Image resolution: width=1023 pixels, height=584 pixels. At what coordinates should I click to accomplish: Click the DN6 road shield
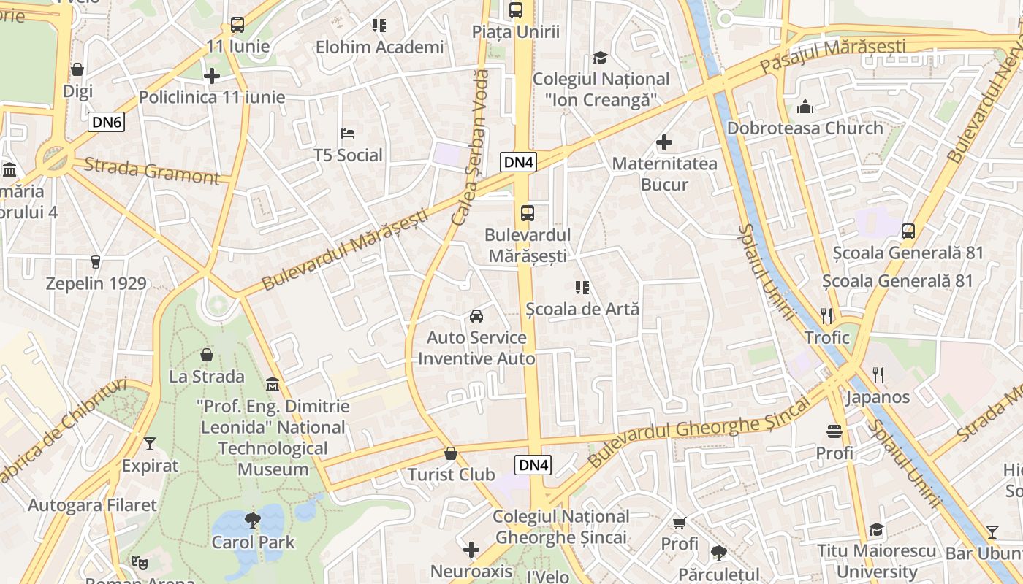pos(107,122)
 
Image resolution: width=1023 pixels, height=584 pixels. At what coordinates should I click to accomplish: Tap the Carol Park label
pos(253,542)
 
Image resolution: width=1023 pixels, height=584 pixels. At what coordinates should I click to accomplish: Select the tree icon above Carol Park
pos(253,520)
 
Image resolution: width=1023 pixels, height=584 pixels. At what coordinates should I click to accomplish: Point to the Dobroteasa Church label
pos(805,128)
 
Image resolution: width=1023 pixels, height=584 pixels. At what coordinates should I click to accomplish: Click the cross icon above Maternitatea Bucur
pos(664,142)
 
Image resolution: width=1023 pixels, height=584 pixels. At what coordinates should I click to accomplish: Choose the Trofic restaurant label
pos(826,337)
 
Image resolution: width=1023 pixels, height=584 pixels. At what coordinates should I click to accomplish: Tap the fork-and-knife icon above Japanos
pos(878,375)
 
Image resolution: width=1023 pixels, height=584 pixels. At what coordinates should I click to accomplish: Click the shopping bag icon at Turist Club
pos(451,453)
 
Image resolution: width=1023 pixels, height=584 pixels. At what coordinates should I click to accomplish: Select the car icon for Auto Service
pos(476,316)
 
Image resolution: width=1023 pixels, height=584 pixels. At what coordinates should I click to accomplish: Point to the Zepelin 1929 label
pos(96,283)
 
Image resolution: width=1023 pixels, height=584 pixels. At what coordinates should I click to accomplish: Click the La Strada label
pos(207,377)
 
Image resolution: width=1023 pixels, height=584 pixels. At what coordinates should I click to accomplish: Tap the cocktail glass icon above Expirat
pos(150,444)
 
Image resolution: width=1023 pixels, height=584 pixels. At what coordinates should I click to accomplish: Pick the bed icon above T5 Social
pos(348,134)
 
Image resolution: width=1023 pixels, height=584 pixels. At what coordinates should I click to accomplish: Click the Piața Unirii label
pos(516,31)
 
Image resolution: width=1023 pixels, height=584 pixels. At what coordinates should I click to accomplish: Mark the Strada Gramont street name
pos(151,171)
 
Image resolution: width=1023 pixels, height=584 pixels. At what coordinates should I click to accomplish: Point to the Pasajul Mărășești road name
pos(832,55)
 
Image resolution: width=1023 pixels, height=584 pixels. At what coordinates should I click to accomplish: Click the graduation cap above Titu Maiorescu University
pos(876,529)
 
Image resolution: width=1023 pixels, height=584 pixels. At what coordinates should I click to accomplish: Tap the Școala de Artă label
pos(582,309)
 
